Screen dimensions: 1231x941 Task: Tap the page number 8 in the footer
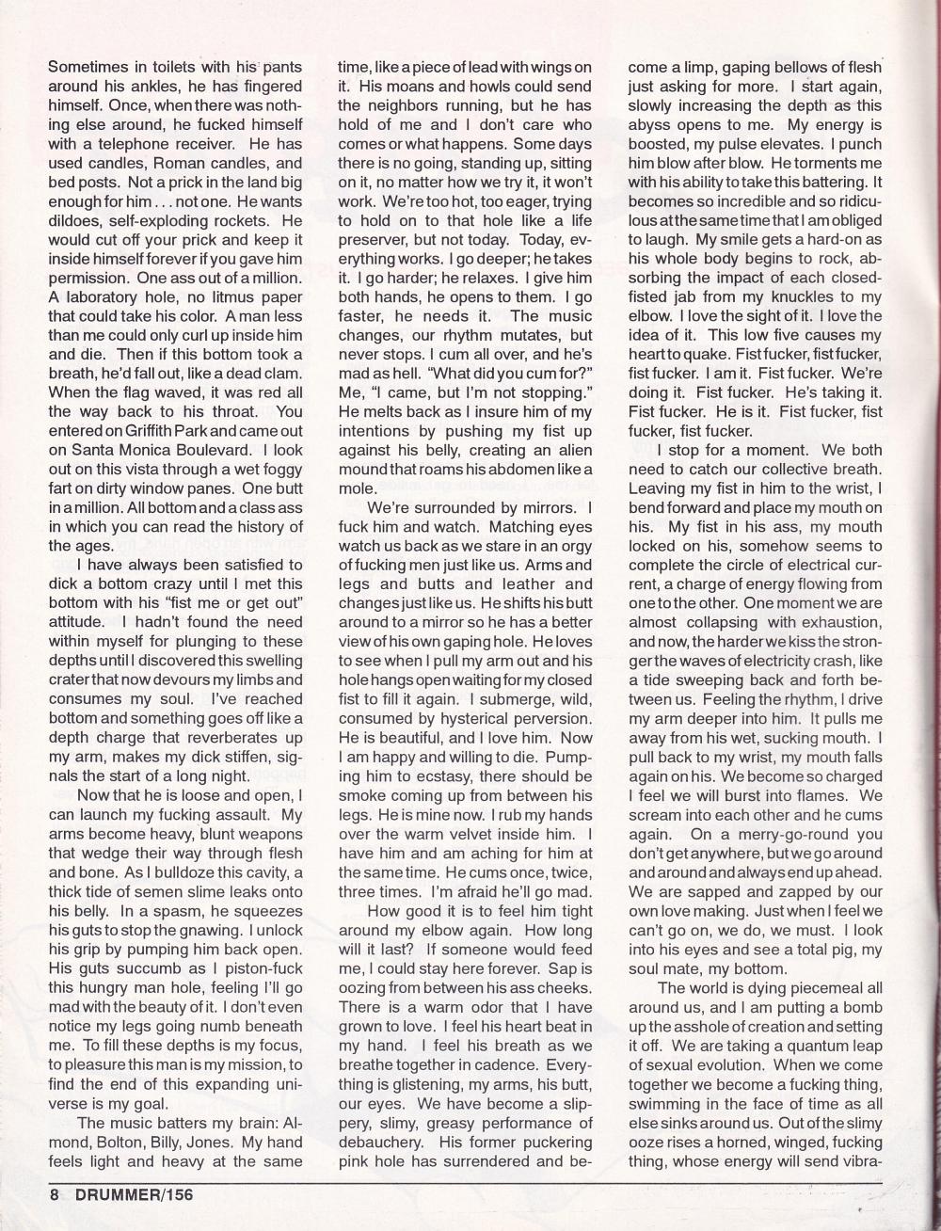click(56, 1193)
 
